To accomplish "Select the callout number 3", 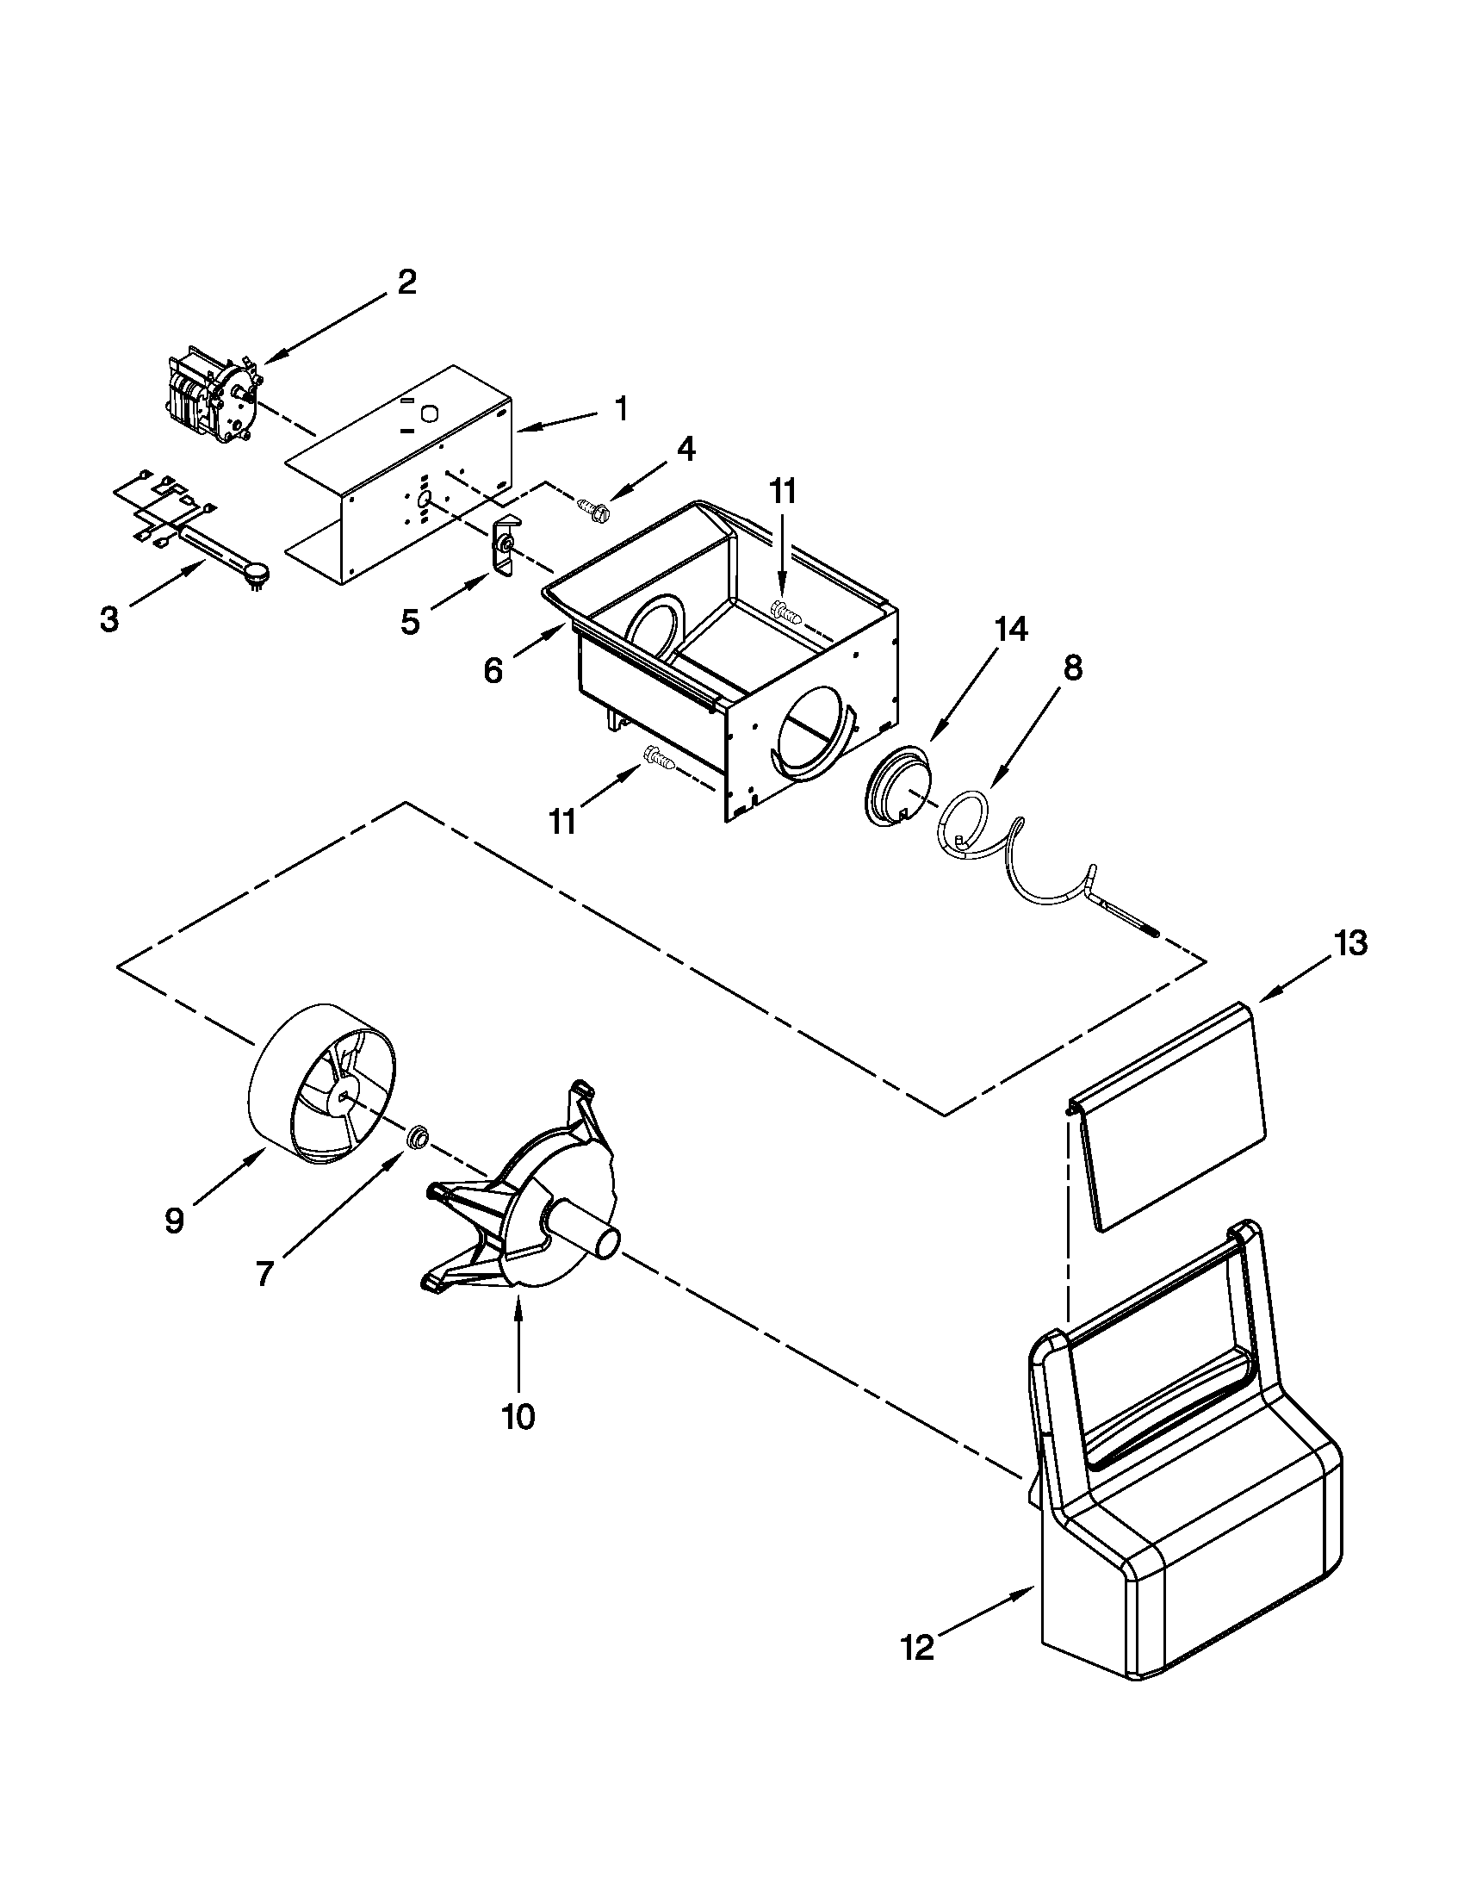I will [109, 619].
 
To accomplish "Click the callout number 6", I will [493, 670].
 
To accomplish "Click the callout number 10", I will [518, 1417].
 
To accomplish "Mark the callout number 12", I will [918, 1646].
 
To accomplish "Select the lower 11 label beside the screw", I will [563, 821].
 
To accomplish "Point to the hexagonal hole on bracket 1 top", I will [428, 413].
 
